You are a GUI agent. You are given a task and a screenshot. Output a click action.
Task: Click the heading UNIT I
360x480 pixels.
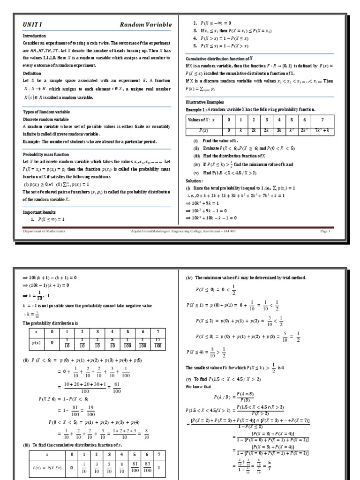[32, 24]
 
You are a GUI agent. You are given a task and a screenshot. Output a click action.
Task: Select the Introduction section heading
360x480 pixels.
[35, 36]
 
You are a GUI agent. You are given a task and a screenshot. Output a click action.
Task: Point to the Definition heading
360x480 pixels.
[32, 73]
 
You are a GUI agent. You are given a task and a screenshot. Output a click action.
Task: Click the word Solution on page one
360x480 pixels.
[195, 180]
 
